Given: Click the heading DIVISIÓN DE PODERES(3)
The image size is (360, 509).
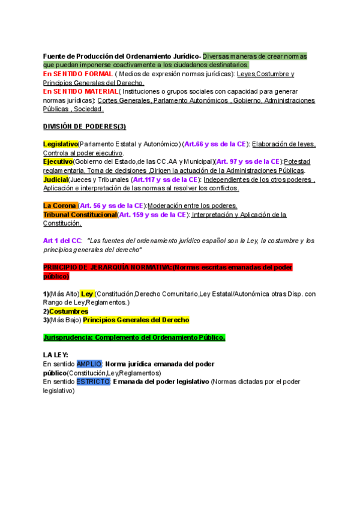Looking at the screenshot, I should (85, 126).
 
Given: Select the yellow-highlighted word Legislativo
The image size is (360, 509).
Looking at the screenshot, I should (61, 144).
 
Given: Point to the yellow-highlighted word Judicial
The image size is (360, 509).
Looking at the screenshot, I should (55, 179).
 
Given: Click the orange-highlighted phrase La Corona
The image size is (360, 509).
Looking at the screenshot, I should (60, 205).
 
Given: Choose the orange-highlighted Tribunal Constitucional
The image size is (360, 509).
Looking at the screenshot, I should (80, 214).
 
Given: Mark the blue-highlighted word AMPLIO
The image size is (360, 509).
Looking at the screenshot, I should (89, 364).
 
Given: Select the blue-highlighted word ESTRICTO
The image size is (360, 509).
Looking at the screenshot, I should (93, 381).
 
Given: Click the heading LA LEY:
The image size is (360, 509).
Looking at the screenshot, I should (56, 355).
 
